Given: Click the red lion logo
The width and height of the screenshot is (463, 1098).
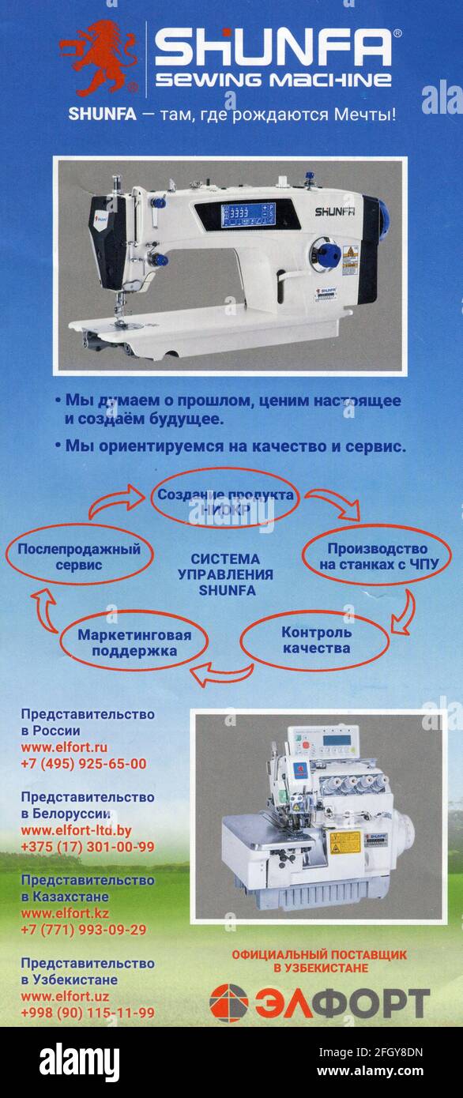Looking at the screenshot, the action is [x=99, y=58].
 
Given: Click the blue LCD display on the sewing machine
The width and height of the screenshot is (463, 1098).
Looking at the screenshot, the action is [x=248, y=214].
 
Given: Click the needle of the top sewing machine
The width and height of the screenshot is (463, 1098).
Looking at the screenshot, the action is [x=118, y=308].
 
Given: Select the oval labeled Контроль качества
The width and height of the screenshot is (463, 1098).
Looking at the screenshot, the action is [x=315, y=640].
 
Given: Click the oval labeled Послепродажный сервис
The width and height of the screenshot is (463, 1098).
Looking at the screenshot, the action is [x=79, y=557].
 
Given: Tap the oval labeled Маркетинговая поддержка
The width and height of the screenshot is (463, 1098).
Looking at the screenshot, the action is [x=134, y=643].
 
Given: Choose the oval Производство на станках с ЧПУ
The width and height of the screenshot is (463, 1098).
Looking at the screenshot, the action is [x=376, y=557].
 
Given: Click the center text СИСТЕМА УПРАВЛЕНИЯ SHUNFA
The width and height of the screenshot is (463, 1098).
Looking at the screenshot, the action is [x=226, y=574].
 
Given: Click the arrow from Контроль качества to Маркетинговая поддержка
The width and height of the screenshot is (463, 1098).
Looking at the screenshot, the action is [x=220, y=674].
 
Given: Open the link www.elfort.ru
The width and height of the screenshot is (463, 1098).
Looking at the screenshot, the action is [x=64, y=747].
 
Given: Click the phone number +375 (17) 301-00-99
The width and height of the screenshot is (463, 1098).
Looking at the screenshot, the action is [x=87, y=847].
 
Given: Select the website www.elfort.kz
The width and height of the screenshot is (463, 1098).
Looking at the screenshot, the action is [x=65, y=913].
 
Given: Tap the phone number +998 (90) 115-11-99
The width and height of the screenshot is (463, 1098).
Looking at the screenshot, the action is [x=87, y=1013].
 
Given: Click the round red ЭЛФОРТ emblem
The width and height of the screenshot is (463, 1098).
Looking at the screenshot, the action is [x=228, y=1002].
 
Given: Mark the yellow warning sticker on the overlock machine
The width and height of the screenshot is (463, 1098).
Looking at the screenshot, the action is [x=344, y=841].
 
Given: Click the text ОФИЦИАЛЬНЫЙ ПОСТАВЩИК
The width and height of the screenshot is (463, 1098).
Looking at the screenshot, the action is [x=318, y=954].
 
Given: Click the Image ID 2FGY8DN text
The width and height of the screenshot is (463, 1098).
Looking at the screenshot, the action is [x=371, y=1052].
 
